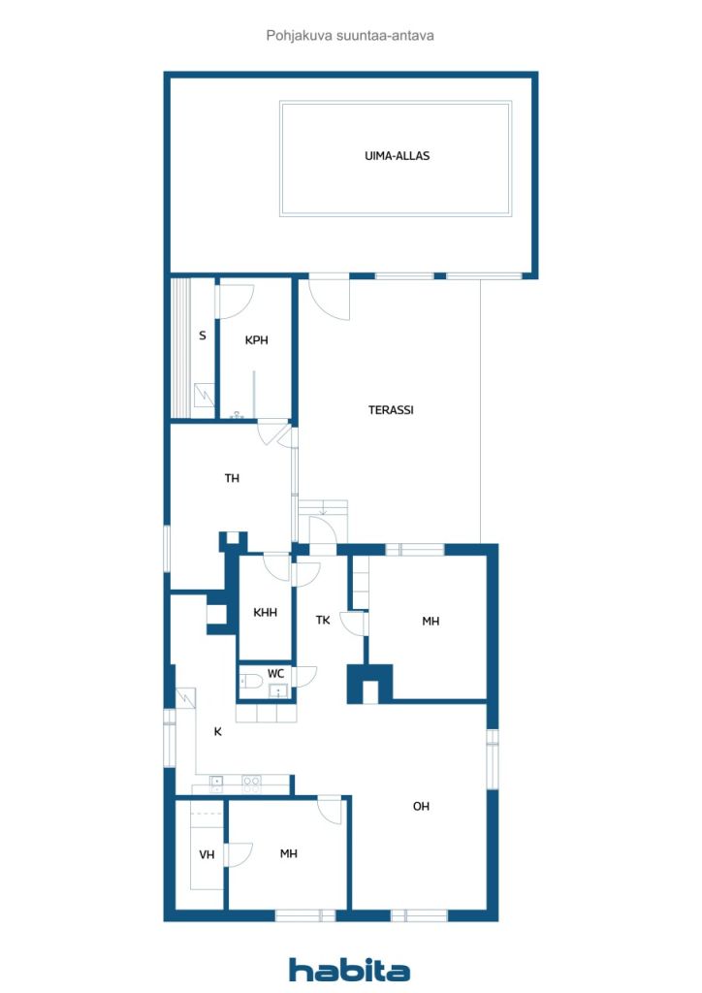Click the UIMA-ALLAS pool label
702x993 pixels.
point(397,156)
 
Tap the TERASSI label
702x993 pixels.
point(391,410)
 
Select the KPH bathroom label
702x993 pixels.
point(256,340)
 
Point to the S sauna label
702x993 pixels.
point(203,335)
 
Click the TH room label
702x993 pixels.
point(232,478)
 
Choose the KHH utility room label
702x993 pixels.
point(265,613)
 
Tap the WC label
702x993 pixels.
point(275,673)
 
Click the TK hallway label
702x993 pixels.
point(323,620)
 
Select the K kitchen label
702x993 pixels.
point(218,731)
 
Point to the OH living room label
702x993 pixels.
point(421,806)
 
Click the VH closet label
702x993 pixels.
point(207,855)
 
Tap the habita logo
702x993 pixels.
point(349,970)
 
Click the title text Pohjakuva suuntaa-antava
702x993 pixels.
point(350,36)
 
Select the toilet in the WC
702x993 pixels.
point(251,682)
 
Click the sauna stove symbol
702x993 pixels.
point(204,395)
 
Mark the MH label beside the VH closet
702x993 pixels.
point(289,853)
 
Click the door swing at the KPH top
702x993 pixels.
point(237,302)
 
